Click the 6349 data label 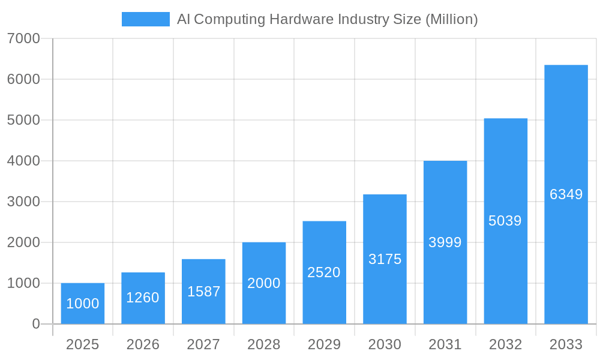[566, 194]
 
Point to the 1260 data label [143, 297]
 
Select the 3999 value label [445, 242]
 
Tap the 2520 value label [324, 272]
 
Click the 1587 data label [203, 292]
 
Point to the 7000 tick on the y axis [24, 38]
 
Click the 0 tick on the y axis [36, 324]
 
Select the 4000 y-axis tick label [24, 161]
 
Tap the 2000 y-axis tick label [24, 242]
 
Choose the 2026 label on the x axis [143, 344]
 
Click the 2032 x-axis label [505, 344]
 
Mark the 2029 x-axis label [324, 344]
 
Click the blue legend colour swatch [146, 19]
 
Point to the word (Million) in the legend [451, 19]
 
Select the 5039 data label [505, 221]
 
